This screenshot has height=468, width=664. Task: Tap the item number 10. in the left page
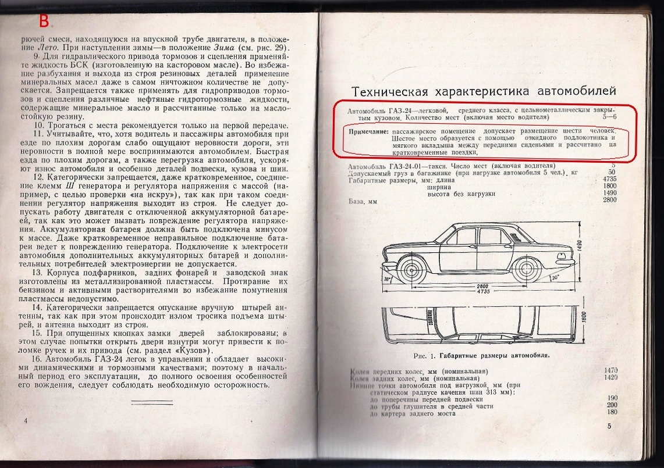click(40, 126)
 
